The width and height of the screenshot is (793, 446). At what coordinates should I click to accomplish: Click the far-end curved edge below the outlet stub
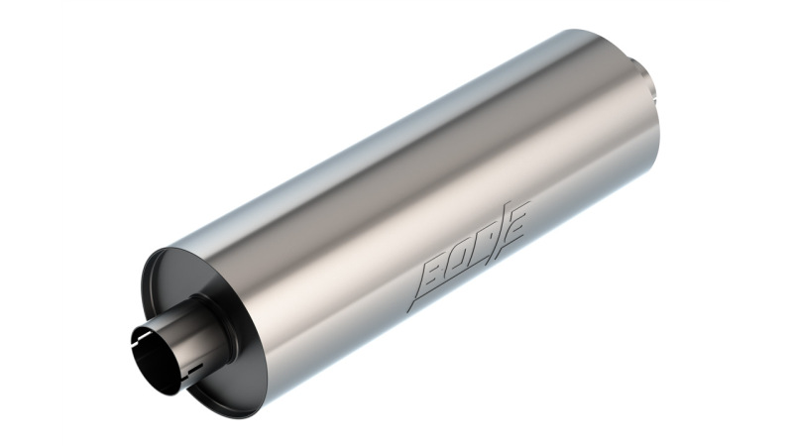pos(654,139)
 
